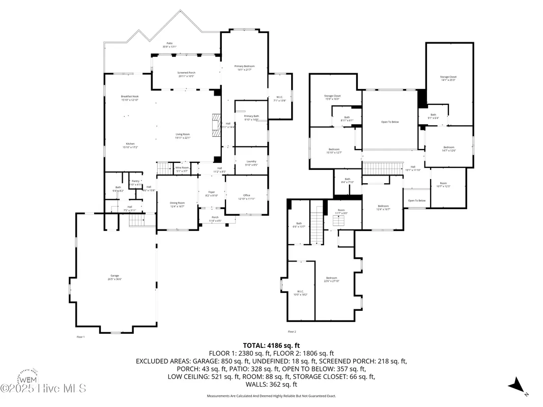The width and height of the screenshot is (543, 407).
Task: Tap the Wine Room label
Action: [x=182, y=169]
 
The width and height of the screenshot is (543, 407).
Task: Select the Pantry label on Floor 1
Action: [x=135, y=182]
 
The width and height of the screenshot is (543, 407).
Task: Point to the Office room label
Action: [x=246, y=197]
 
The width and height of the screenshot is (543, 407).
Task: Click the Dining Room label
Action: [x=177, y=205]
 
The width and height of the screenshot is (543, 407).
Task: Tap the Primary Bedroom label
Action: [x=244, y=68]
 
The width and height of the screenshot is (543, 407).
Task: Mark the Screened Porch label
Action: [x=186, y=74]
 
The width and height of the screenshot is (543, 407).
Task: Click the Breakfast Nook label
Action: [x=130, y=98]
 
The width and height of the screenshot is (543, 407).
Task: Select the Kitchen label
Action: [x=130, y=146]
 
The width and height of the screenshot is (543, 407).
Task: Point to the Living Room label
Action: [x=183, y=136]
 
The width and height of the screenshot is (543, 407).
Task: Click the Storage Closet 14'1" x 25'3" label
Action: [x=448, y=78]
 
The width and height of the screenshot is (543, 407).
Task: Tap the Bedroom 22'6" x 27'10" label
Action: [x=331, y=279]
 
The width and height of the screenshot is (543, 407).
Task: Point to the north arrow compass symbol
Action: [x=518, y=385]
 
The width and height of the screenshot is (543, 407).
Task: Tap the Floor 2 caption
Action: [x=292, y=331]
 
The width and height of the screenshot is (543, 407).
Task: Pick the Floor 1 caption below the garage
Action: [x=80, y=337]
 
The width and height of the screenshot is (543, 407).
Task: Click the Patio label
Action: [x=169, y=45]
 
